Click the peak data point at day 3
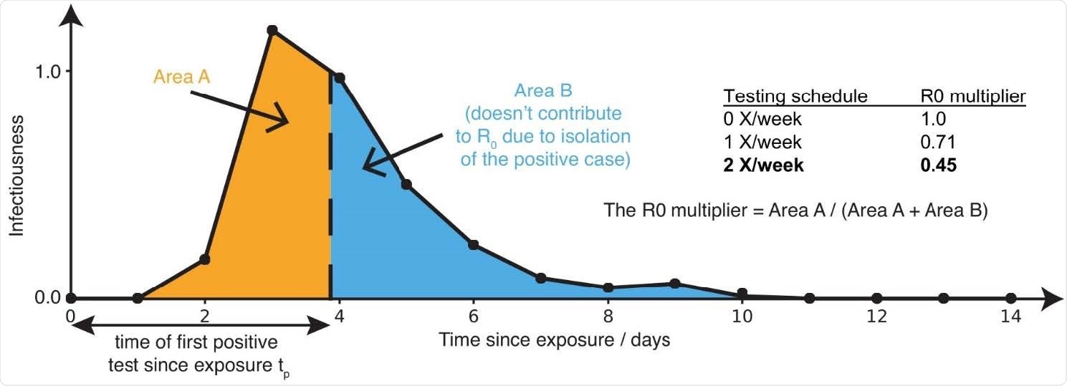pos(272,30)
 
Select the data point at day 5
pos(406,185)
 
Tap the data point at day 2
pos(205,259)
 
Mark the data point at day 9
pos(674,284)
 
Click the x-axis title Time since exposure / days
pos(555,340)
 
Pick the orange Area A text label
pos(183,77)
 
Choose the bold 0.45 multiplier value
pos(938,165)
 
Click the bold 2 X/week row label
pos(764,165)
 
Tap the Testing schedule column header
pos(795,96)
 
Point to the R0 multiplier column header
pos(972,96)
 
